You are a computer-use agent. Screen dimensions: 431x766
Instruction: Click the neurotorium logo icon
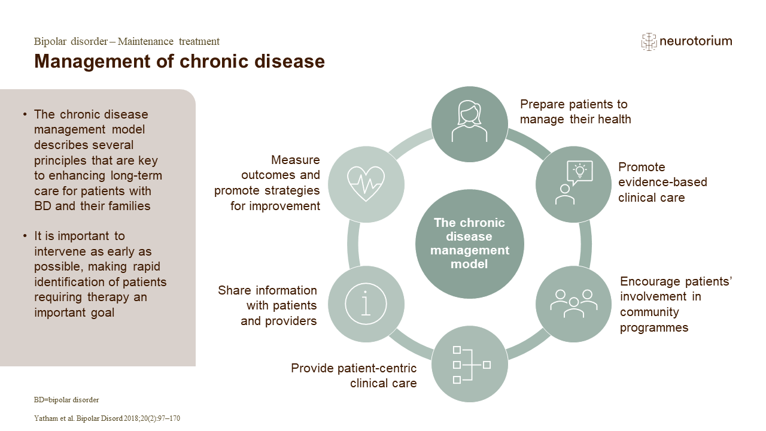pos(649,41)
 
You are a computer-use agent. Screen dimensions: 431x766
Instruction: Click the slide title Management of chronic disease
pos(180,61)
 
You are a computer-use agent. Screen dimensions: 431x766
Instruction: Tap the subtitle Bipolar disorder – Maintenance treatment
pos(127,41)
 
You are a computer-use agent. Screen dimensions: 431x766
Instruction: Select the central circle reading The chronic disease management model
pos(469,243)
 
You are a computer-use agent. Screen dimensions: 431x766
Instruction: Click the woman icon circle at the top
pos(469,122)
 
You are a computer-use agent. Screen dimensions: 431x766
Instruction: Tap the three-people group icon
pos(573,303)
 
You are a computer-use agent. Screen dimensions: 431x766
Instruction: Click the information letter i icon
pos(366,303)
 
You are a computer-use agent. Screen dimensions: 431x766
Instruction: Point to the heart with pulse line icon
pos(366,183)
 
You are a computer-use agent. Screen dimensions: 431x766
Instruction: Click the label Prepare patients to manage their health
pos(574,112)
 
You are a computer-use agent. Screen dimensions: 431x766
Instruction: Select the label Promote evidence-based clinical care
pos(662,182)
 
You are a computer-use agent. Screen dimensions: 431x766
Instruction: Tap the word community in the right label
pos(649,312)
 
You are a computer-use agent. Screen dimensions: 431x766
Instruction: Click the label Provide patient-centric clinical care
pos(354,375)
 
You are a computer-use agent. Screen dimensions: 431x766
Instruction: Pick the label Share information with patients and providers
pos(268,305)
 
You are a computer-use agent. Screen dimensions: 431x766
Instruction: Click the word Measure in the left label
pos(295,160)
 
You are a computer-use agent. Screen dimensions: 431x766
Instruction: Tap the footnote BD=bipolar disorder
pos(66,399)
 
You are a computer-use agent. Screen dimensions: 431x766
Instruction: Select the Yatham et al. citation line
pos(107,418)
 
